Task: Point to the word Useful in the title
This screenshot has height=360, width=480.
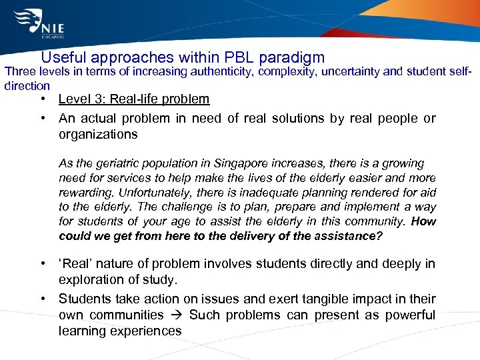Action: click(x=64, y=58)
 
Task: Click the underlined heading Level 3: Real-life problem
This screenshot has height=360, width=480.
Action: click(x=133, y=99)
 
